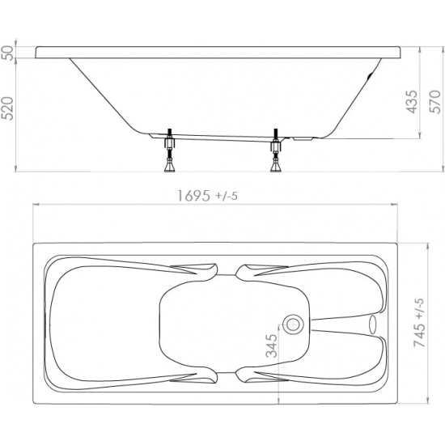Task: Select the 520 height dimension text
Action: pos(7,108)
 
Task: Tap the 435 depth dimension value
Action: pos(413,102)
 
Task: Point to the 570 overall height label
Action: pos(436,102)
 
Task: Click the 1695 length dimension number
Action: pos(194,196)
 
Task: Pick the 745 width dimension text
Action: pos(420,336)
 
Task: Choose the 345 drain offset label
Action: pos(271,345)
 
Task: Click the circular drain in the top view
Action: pos(294,324)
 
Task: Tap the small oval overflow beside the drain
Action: pos(372,324)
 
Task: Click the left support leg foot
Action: pos(170,166)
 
